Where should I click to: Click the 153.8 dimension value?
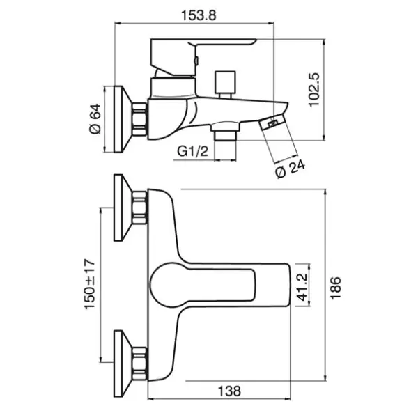tap(199, 15)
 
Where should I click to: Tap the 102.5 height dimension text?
tap(313, 90)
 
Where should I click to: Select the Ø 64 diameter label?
tap(95, 119)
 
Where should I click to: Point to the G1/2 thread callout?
tap(192, 151)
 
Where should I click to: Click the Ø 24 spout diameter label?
tap(290, 169)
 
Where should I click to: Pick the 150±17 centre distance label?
tap(90, 284)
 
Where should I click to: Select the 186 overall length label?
tap(336, 288)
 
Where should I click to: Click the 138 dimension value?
tap(229, 391)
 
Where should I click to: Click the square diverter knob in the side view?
tap(226, 84)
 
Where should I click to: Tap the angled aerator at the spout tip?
tap(272, 123)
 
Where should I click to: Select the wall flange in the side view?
tap(122, 119)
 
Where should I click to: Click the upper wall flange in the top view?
tap(122, 208)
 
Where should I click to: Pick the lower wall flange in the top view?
tap(122, 364)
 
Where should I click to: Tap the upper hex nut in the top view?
tap(139, 208)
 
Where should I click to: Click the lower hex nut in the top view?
tap(139, 364)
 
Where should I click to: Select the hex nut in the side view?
tap(139, 119)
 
